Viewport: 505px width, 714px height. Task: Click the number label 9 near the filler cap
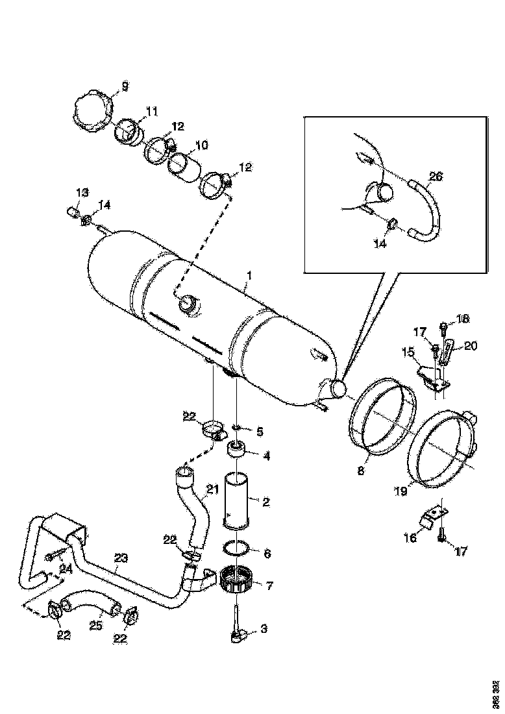coord(125,85)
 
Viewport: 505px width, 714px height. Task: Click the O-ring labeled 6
coord(237,550)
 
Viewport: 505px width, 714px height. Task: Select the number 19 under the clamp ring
coord(400,492)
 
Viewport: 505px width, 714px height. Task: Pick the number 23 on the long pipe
coord(121,558)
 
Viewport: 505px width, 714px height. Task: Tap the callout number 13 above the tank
coord(82,192)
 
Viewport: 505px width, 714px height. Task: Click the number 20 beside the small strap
coord(471,346)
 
